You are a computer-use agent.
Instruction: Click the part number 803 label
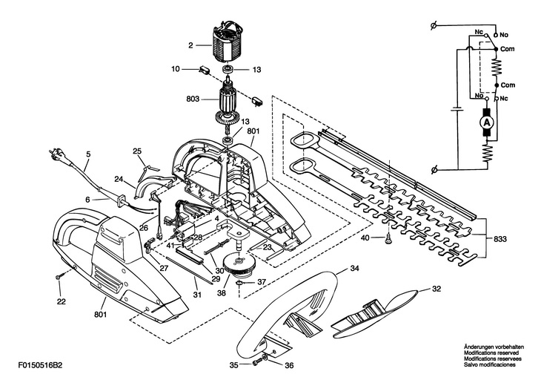193,99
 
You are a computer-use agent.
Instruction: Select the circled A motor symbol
486,122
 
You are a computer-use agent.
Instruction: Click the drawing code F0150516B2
41,365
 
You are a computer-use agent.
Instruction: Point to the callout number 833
500,239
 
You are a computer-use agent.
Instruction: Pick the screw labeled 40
388,238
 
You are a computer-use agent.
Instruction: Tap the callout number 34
355,268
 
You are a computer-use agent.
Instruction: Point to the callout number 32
436,289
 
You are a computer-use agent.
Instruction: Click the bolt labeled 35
257,363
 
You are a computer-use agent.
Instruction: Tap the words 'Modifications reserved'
491,353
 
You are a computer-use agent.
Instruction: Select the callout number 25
137,151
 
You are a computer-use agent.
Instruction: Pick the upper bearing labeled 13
228,69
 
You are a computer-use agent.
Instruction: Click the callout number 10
176,69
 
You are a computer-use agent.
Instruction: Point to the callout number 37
262,282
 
